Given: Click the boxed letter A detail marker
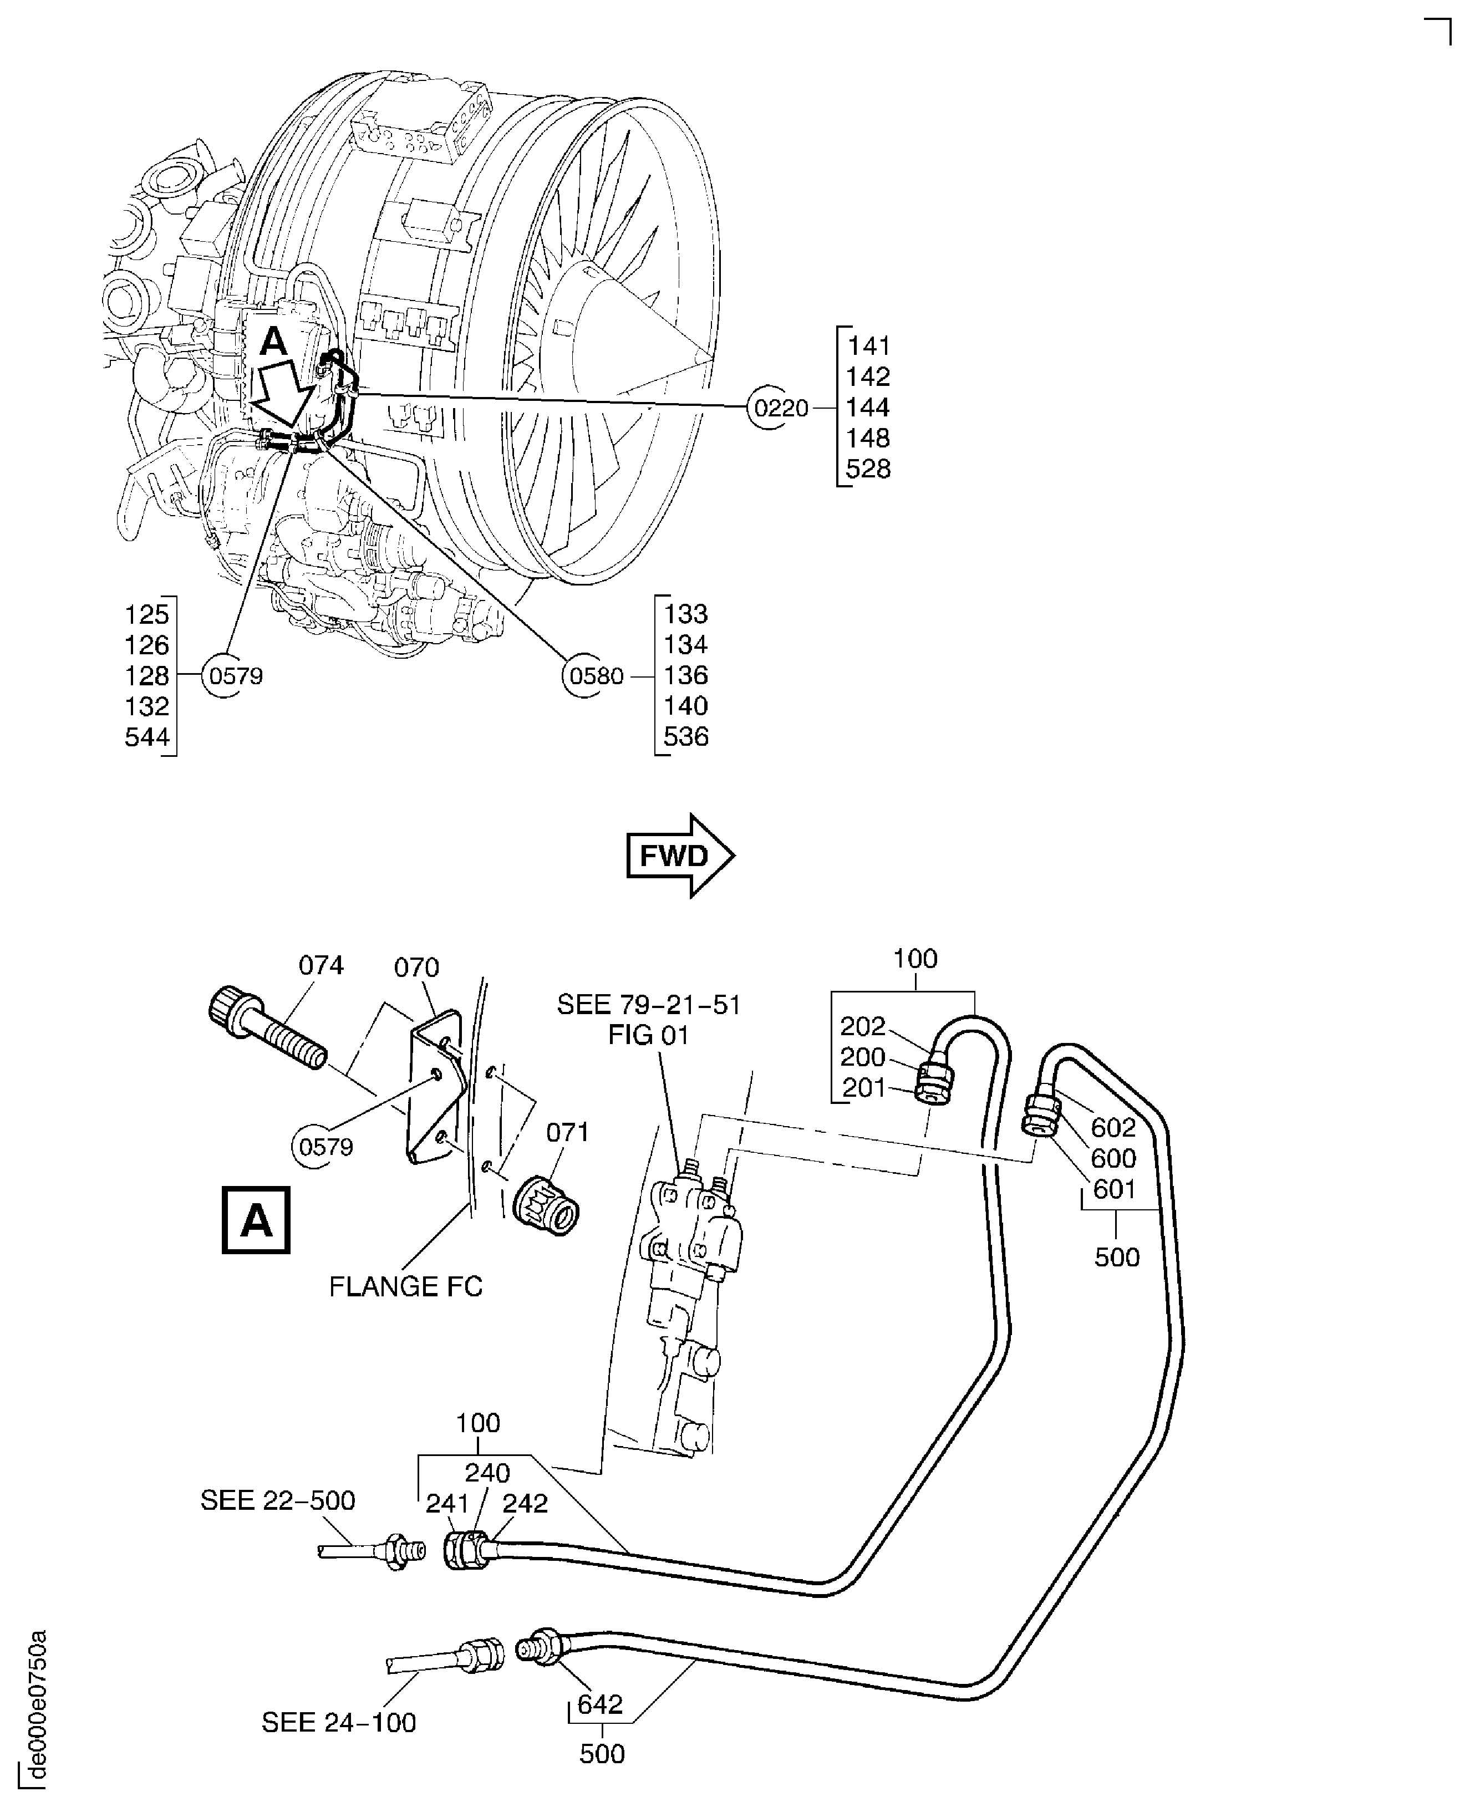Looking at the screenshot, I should pyautogui.click(x=256, y=1220).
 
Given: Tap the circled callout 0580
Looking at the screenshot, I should pyautogui.click(x=596, y=676).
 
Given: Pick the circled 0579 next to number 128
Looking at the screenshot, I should pyautogui.click(x=236, y=676).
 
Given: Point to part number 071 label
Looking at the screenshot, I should pyautogui.click(x=567, y=1132).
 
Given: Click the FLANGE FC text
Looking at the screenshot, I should pyautogui.click(x=405, y=1286).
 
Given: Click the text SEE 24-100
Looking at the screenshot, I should pyautogui.click(x=339, y=1722).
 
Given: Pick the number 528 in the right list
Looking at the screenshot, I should pyautogui.click(x=868, y=469).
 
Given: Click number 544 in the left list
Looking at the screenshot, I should pyautogui.click(x=147, y=737).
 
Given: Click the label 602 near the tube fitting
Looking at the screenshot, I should pyautogui.click(x=1113, y=1127).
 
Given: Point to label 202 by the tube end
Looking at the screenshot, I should pyautogui.click(x=862, y=1026).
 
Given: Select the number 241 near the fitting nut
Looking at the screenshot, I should pyautogui.click(x=446, y=1503).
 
